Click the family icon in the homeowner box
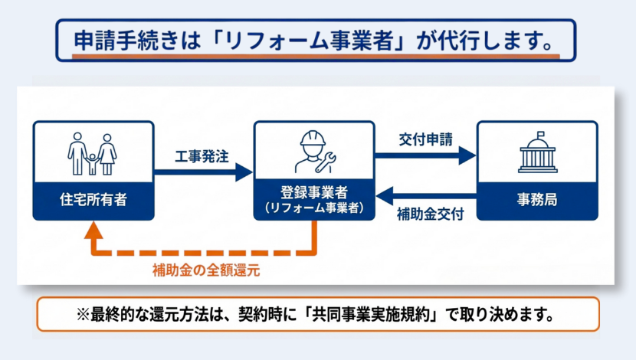pyautogui.click(x=92, y=154)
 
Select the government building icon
pyautogui.click(x=537, y=153)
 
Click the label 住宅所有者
pyautogui.click(x=93, y=201)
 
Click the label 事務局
pyautogui.click(x=536, y=201)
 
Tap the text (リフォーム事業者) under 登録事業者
pyautogui.click(x=314, y=207)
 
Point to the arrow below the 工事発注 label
pyautogui.click(x=202, y=172)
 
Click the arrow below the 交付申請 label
pyautogui.click(x=425, y=155)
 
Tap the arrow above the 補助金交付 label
pyautogui.click(x=425, y=198)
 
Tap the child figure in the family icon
pyautogui.click(x=92, y=162)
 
